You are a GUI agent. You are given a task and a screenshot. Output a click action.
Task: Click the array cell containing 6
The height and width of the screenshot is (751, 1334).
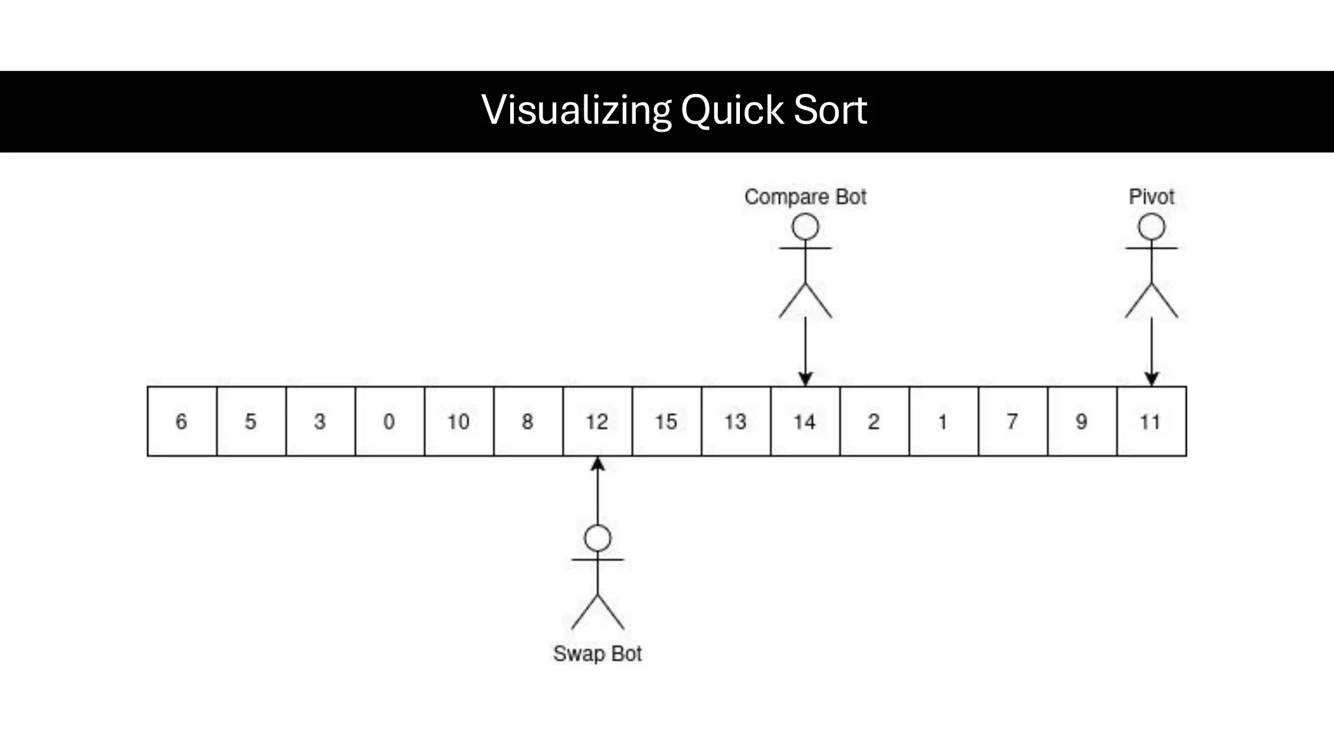point(182,421)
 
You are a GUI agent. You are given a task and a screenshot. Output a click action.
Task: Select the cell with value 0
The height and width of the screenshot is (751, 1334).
point(390,421)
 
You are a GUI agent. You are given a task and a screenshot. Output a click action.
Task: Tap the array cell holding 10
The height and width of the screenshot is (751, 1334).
point(459,421)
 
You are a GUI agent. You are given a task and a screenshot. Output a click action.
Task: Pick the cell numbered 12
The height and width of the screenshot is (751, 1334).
point(597,421)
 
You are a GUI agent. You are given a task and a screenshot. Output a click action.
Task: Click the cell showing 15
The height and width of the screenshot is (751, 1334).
point(666,421)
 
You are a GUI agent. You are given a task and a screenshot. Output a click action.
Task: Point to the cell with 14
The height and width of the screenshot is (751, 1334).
point(805,421)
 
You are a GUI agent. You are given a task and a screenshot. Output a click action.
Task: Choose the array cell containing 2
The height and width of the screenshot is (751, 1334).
point(874,421)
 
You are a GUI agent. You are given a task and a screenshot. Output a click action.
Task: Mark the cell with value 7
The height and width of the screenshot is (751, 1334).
point(1012,421)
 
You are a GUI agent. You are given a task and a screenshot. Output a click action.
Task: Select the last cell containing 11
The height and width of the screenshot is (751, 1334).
point(1151,421)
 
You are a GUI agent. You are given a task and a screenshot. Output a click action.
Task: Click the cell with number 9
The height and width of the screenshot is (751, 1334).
point(1081,421)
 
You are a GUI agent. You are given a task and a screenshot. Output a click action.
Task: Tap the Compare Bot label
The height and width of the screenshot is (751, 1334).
point(805,197)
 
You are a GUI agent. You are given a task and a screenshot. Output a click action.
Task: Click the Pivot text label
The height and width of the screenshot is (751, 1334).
point(1151,197)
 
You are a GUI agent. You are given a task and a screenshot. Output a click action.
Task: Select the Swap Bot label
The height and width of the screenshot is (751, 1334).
point(597,653)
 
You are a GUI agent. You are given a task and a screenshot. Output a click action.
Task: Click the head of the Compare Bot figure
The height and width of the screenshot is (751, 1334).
point(805,228)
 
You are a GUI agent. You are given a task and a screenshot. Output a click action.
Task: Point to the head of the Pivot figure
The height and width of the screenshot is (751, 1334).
point(1151,228)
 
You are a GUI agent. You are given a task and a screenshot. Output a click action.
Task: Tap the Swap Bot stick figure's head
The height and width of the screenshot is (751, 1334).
point(597,538)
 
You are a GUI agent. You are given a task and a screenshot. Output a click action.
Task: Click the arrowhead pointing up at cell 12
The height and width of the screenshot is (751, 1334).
point(597,464)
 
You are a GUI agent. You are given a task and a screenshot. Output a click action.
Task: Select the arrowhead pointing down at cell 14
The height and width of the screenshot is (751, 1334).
point(805,379)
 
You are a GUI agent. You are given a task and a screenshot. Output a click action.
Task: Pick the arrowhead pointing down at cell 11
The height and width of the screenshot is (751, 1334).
point(1151,379)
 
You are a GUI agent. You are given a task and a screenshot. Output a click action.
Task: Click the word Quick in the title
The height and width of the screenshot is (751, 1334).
point(731,110)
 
